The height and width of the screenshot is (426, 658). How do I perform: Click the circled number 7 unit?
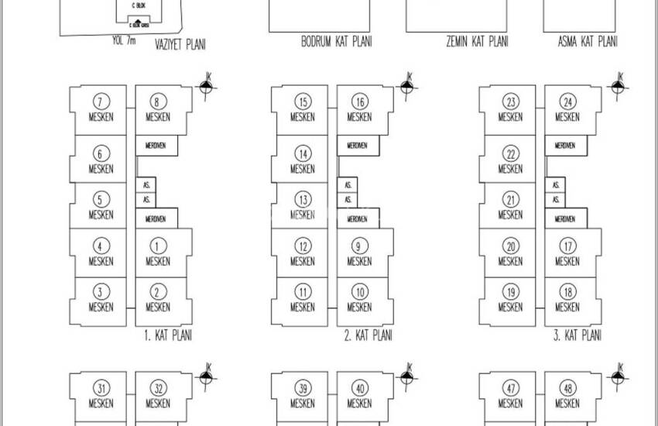click(x=101, y=101)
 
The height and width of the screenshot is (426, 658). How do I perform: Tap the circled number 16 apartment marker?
click(x=359, y=101)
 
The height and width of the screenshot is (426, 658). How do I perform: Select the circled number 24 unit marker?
click(x=567, y=101)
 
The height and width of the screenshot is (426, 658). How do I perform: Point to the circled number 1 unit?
click(x=158, y=246)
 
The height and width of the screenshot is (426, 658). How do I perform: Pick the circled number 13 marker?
click(x=303, y=200)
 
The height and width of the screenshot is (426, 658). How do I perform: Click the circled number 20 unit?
click(x=510, y=246)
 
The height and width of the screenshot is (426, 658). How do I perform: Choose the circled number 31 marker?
click(x=101, y=388)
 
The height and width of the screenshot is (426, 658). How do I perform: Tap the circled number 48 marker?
click(x=567, y=388)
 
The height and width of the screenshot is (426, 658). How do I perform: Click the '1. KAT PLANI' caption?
click(x=168, y=336)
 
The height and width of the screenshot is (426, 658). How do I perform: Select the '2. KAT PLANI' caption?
click(x=368, y=336)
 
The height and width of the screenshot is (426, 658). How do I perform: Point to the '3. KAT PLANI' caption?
click(x=577, y=336)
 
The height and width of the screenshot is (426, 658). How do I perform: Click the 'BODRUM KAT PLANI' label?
click(x=336, y=42)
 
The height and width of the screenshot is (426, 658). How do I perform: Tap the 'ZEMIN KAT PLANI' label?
click(x=477, y=42)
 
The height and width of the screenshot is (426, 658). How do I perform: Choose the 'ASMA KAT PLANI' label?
click(x=588, y=42)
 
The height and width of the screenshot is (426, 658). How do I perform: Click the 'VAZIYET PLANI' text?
click(x=180, y=45)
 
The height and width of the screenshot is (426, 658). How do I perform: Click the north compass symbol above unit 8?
click(x=206, y=88)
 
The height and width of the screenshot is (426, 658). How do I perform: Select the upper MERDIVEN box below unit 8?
click(x=156, y=146)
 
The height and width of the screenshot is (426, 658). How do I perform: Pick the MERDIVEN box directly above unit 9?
click(x=357, y=219)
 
